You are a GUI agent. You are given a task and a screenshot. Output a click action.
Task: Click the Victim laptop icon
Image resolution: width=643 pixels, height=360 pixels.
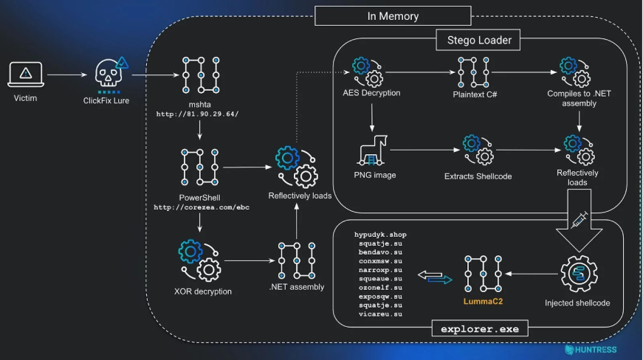(25, 74)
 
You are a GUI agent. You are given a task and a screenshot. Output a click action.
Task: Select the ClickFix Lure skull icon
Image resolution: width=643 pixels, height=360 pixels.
(110, 74)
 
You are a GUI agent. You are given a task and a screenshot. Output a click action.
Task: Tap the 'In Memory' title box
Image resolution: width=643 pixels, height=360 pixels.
(392, 16)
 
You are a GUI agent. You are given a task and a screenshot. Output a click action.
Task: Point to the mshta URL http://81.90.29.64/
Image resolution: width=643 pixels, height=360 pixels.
(197, 114)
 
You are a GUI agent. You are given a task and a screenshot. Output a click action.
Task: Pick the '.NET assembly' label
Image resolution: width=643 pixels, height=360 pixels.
(296, 287)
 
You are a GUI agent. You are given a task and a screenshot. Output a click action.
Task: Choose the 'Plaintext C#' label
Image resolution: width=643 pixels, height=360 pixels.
(473, 94)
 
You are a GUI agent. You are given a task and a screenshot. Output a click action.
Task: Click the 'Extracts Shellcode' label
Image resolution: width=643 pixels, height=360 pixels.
(478, 176)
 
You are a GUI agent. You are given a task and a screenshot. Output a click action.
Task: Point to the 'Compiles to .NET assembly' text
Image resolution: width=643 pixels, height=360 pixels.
(572, 99)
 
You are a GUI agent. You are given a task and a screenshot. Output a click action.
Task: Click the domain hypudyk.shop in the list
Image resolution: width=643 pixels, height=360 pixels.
(380, 235)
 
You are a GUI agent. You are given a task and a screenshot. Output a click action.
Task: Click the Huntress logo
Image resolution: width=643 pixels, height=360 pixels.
(591, 350)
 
